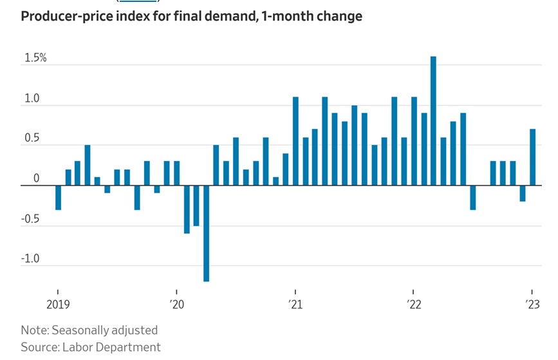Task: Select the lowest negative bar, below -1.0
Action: coord(206,233)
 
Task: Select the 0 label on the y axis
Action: coord(37,178)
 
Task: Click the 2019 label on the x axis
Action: coord(58,304)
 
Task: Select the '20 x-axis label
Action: coord(176,304)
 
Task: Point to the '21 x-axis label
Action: coord(295,304)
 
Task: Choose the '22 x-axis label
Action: coord(413,304)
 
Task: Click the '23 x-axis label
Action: coord(532,304)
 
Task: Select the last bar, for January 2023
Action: coord(532,157)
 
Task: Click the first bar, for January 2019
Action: coord(58,197)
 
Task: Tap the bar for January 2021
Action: coord(295,141)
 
